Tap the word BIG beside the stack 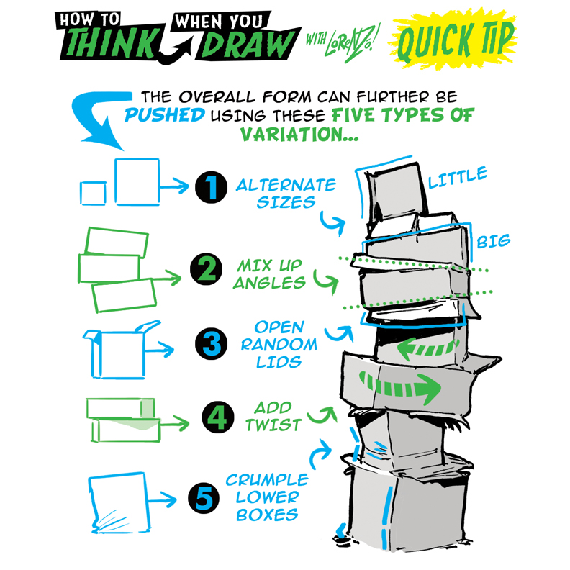click(x=493, y=241)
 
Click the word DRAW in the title click(x=249, y=45)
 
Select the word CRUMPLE click(x=266, y=479)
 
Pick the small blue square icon click(x=91, y=194)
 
